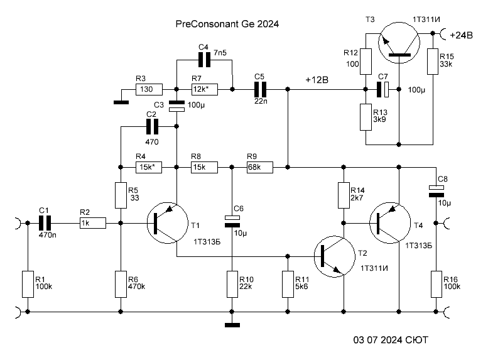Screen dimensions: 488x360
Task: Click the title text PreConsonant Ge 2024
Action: coord(227,24)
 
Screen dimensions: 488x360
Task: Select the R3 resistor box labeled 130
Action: coord(149,89)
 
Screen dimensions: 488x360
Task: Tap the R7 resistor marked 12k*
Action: coord(205,89)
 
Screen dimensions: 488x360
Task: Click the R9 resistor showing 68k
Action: coord(260,167)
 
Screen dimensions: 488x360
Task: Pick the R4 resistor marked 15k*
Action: coord(149,167)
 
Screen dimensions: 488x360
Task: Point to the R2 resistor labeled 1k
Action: coord(93,223)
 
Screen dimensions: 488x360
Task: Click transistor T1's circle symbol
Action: coord(168,222)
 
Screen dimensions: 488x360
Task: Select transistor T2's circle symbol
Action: coord(335,256)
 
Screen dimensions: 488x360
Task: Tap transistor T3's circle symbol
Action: coord(399,43)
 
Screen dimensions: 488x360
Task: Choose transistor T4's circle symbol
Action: coord(390,222)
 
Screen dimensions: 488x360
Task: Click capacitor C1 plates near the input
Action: coord(45,223)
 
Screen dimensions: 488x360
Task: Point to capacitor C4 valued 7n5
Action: coord(205,60)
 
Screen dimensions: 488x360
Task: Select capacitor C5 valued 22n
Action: coord(260,89)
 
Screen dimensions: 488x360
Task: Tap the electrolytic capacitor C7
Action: coord(383,89)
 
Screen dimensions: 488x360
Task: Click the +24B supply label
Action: coord(461,35)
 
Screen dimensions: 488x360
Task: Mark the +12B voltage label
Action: coord(317,80)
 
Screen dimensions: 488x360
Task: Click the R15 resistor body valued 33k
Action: coord(433,62)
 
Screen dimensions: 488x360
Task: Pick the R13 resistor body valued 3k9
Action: coord(366,117)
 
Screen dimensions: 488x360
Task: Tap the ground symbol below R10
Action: coord(232,325)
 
